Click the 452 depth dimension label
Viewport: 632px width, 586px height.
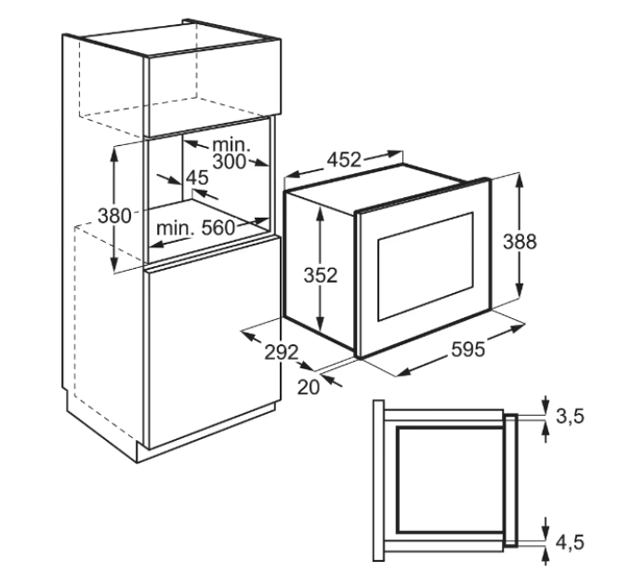point(343,160)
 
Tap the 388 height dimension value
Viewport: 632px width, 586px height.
point(520,242)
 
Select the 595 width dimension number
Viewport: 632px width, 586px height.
point(467,349)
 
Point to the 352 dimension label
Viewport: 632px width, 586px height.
point(321,275)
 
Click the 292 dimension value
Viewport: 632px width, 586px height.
point(282,353)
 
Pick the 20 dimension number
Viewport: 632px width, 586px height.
point(309,387)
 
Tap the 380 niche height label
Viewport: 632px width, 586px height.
point(114,216)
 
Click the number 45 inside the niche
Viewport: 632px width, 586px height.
point(197,178)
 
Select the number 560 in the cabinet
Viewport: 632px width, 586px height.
point(217,228)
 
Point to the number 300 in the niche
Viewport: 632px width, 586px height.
point(229,162)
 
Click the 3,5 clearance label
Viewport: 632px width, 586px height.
point(570,416)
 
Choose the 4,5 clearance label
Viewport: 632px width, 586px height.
point(570,542)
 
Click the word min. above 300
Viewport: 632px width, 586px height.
point(230,144)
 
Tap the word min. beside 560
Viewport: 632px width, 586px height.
point(176,228)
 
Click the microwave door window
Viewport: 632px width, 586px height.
point(426,267)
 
